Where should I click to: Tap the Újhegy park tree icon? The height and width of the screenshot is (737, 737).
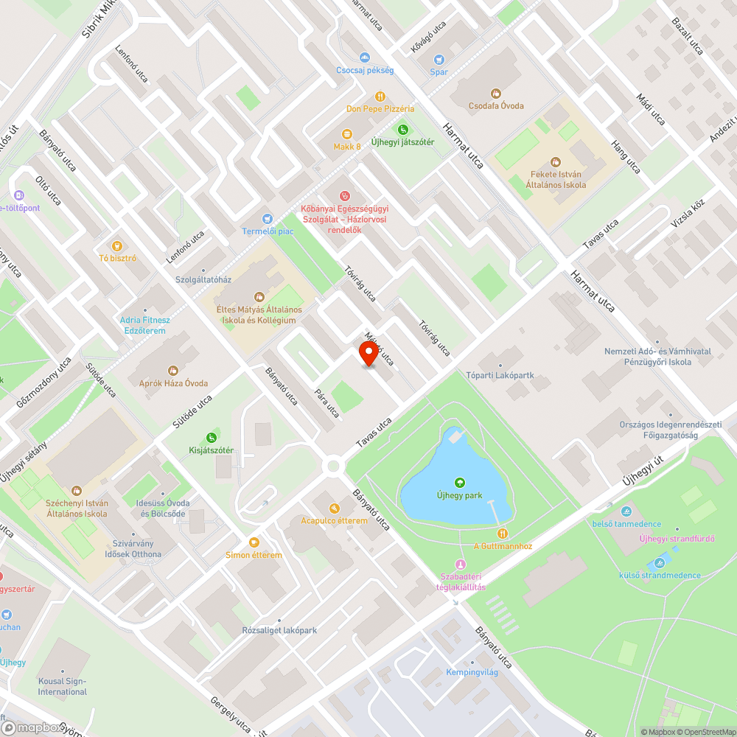click(460, 483)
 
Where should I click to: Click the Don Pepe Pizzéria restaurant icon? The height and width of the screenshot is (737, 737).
click(380, 96)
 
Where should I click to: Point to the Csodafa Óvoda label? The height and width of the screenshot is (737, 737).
click(496, 105)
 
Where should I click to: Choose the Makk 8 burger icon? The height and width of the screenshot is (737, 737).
click(347, 133)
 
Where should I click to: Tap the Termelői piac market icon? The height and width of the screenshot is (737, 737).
click(268, 219)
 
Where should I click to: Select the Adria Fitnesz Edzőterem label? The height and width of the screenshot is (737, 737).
click(145, 325)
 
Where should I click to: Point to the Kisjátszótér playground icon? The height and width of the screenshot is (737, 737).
click(212, 437)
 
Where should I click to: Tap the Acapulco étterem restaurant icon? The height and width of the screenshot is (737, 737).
click(334, 508)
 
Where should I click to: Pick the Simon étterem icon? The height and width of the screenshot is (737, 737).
click(254, 542)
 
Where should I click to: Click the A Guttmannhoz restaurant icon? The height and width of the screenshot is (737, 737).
click(503, 534)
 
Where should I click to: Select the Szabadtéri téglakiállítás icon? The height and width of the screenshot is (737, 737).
click(462, 564)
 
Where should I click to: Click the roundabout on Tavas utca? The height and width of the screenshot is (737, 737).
click(333, 465)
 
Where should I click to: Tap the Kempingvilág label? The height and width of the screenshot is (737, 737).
click(472, 672)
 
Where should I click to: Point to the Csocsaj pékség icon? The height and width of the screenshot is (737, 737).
click(364, 57)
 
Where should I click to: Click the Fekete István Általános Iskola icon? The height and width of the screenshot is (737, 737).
click(556, 161)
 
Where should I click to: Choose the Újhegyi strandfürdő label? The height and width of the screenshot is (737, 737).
click(677, 538)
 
